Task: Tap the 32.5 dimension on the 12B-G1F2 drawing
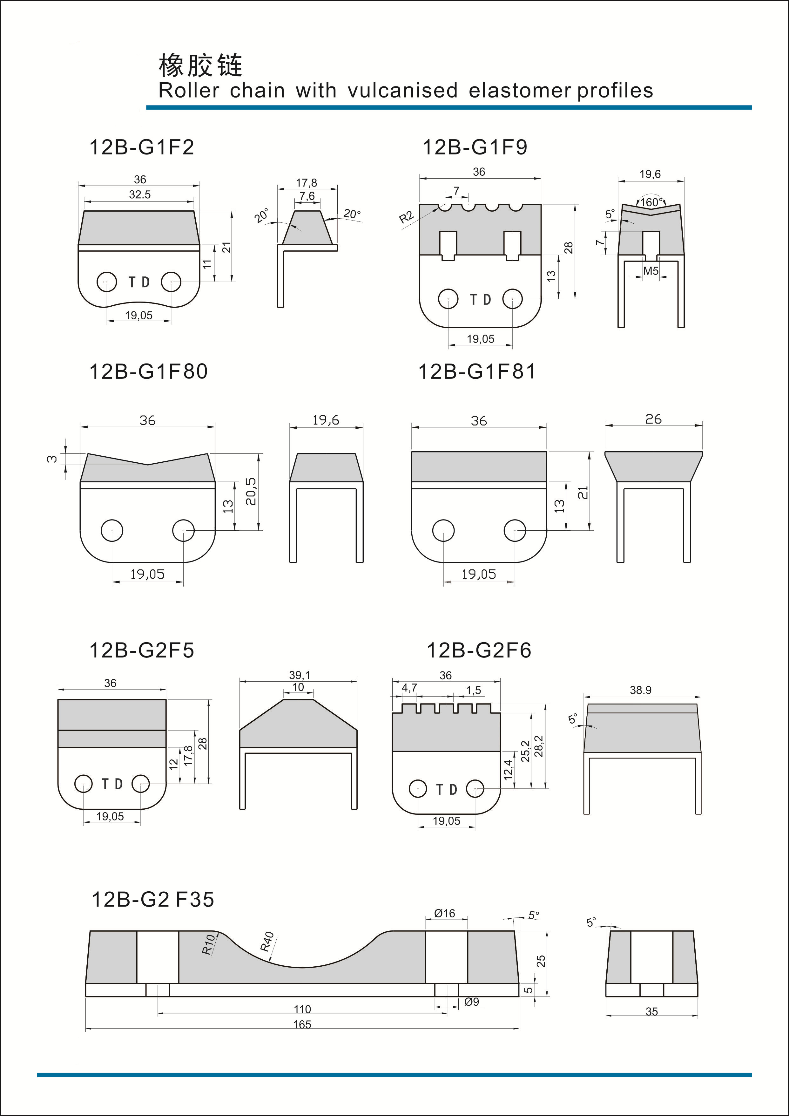pyautogui.click(x=139, y=194)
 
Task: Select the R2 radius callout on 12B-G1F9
pyautogui.click(x=406, y=217)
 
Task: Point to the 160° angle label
pyautogui.click(x=651, y=202)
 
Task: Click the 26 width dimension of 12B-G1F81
pyautogui.click(x=653, y=419)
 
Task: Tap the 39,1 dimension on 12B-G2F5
pyautogui.click(x=299, y=675)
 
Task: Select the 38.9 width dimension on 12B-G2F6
pyautogui.click(x=640, y=690)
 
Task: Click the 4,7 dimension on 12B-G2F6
pyautogui.click(x=409, y=687)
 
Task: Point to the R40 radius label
pyautogui.click(x=267, y=942)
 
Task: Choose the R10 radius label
pyautogui.click(x=208, y=944)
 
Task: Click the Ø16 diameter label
pyautogui.click(x=445, y=913)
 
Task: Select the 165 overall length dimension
pyautogui.click(x=302, y=1024)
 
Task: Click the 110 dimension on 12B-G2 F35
pyautogui.click(x=302, y=1009)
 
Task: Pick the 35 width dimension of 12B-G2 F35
pyautogui.click(x=651, y=1011)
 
